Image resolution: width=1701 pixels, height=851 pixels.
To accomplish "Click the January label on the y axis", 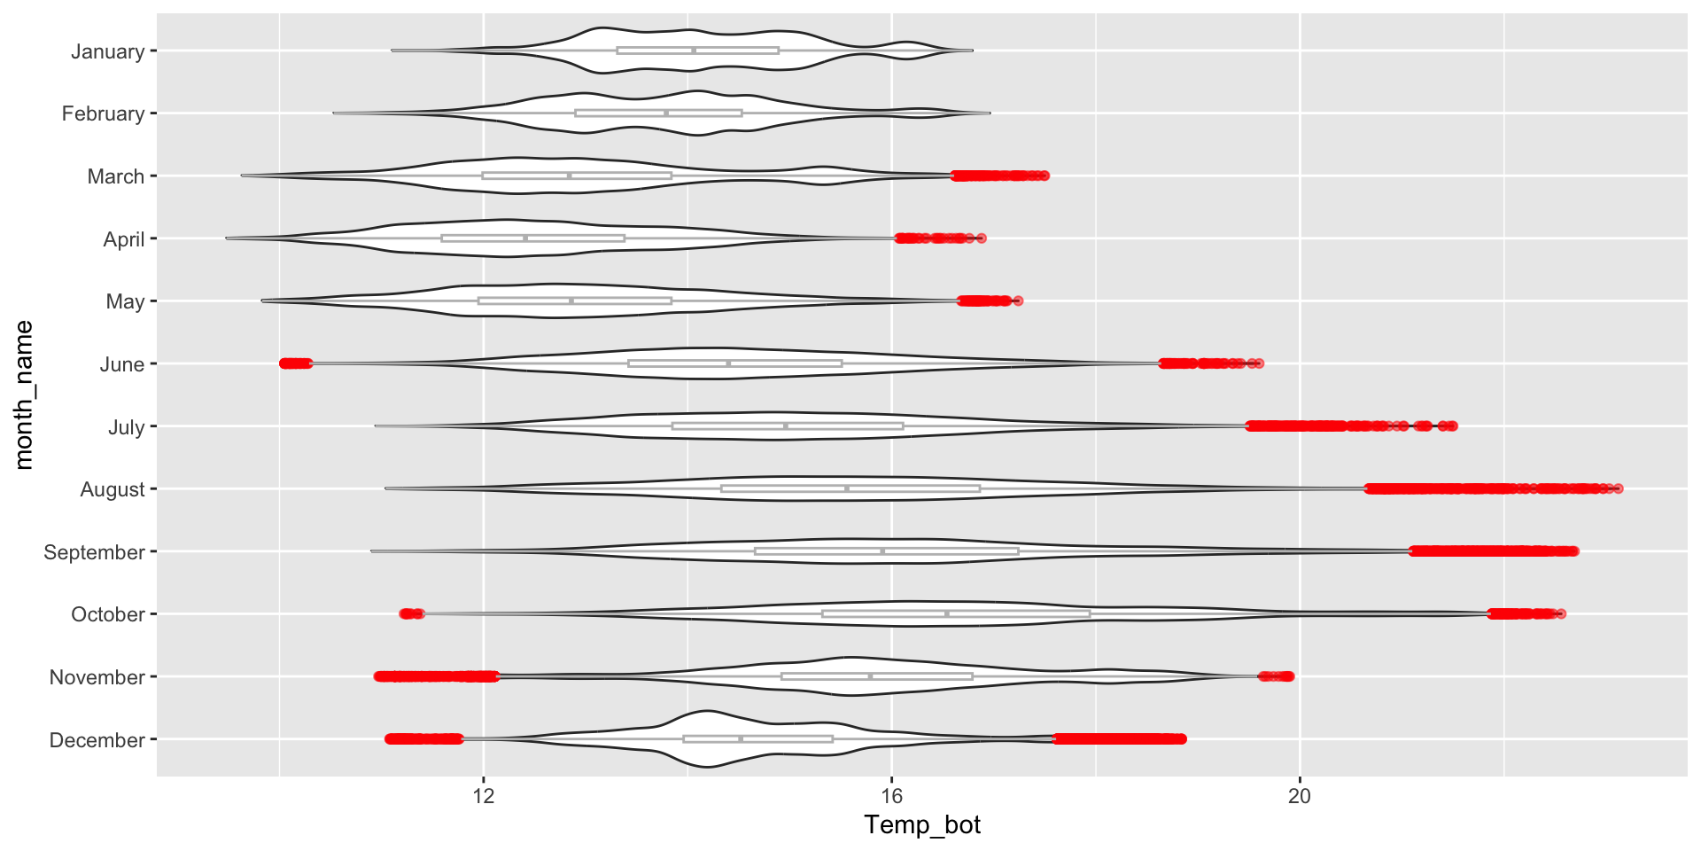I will pyautogui.click(x=107, y=51).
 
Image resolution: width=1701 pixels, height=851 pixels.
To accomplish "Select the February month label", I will pyautogui.click(x=103, y=113).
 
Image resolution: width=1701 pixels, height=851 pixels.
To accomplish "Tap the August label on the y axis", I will pyautogui.click(x=112, y=489).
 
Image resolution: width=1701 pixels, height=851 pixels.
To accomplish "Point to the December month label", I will pyautogui.click(x=97, y=740).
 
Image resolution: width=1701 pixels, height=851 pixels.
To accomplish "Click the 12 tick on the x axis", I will pyautogui.click(x=484, y=796).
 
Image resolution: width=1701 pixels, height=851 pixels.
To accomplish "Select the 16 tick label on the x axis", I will pyautogui.click(x=891, y=796).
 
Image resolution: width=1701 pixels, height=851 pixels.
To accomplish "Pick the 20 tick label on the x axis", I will pyautogui.click(x=1299, y=796).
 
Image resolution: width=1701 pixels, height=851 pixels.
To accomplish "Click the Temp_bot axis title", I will pyautogui.click(x=922, y=825).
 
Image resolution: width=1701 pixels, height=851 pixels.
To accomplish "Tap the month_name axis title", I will pyautogui.click(x=24, y=394).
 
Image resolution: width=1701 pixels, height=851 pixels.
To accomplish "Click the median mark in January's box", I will pyautogui.click(x=694, y=51).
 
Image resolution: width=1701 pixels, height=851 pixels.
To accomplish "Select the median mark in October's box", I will pyautogui.click(x=947, y=613).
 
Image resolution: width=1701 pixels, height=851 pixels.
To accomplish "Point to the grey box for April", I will pyautogui.click(x=532, y=238).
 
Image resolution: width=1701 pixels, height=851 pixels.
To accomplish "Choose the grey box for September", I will pyautogui.click(x=886, y=551).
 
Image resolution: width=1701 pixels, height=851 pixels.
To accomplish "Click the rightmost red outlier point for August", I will pyautogui.click(x=1619, y=488).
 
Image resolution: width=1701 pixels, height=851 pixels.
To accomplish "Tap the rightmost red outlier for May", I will pyautogui.click(x=1018, y=301).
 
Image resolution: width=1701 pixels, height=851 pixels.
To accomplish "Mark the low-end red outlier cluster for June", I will pyautogui.click(x=295, y=363).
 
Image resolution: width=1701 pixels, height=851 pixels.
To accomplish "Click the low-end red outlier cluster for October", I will pyautogui.click(x=412, y=613).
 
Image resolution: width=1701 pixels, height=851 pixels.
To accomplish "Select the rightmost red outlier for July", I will pyautogui.click(x=1453, y=426).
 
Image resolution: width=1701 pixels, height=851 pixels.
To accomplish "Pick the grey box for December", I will pyautogui.click(x=757, y=738).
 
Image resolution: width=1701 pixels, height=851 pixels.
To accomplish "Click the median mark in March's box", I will pyautogui.click(x=570, y=176).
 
